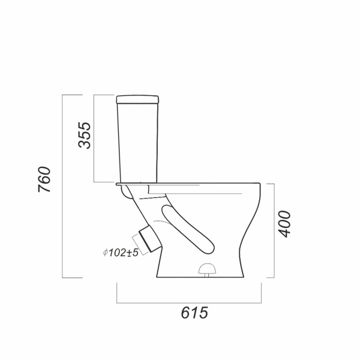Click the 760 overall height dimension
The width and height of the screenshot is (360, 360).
[x=44, y=179]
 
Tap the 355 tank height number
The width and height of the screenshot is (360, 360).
[x=85, y=135]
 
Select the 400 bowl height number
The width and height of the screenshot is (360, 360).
[x=284, y=224]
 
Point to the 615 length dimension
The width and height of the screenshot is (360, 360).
[x=194, y=313]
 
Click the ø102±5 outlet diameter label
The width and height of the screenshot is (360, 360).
[x=121, y=253]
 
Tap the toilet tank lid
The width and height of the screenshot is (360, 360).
[x=138, y=100]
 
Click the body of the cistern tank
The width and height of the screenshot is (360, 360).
[x=138, y=143]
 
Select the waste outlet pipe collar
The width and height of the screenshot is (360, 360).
[x=149, y=239]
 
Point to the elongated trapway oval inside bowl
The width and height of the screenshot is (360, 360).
[x=188, y=230]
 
